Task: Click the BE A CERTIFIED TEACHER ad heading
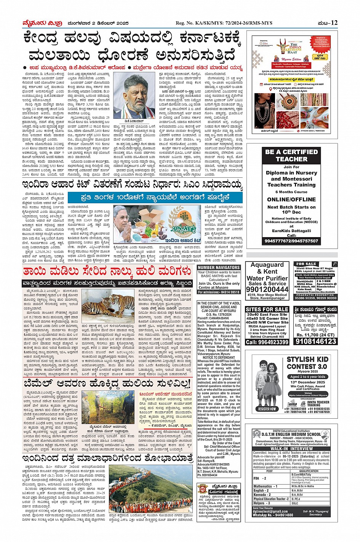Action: [291, 155]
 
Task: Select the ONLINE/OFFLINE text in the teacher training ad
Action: [291, 199]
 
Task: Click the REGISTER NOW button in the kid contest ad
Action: [267, 409]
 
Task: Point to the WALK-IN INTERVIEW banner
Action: [291, 449]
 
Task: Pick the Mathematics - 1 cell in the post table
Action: [266, 486]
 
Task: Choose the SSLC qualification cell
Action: [295, 503]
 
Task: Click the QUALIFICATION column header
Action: [309, 471]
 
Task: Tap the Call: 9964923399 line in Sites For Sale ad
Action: [267, 342]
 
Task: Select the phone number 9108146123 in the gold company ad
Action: [315, 341]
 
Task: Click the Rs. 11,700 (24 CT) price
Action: [315, 335]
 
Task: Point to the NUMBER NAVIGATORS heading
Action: [219, 268]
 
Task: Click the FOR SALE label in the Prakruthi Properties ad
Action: [306, 264]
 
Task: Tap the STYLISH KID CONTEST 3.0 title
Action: [307, 363]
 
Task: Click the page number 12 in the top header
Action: [334, 23]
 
